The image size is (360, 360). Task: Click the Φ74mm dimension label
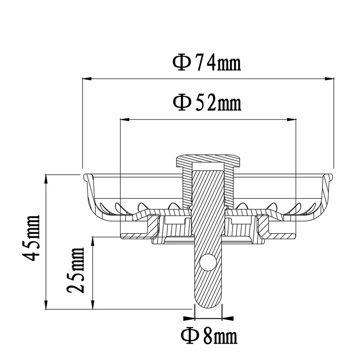click(206, 63)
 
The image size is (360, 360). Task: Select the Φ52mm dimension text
click(206, 103)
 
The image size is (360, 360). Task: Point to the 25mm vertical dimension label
click(76, 270)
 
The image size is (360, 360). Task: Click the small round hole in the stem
click(207, 263)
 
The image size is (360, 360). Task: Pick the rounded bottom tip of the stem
click(208, 304)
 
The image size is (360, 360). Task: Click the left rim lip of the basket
click(86, 177)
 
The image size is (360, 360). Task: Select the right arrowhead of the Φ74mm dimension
click(329, 78)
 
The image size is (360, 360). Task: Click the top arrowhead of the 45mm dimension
click(46, 179)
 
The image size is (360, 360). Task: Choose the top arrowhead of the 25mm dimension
click(93, 241)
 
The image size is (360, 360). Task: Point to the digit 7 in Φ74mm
click(200, 63)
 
